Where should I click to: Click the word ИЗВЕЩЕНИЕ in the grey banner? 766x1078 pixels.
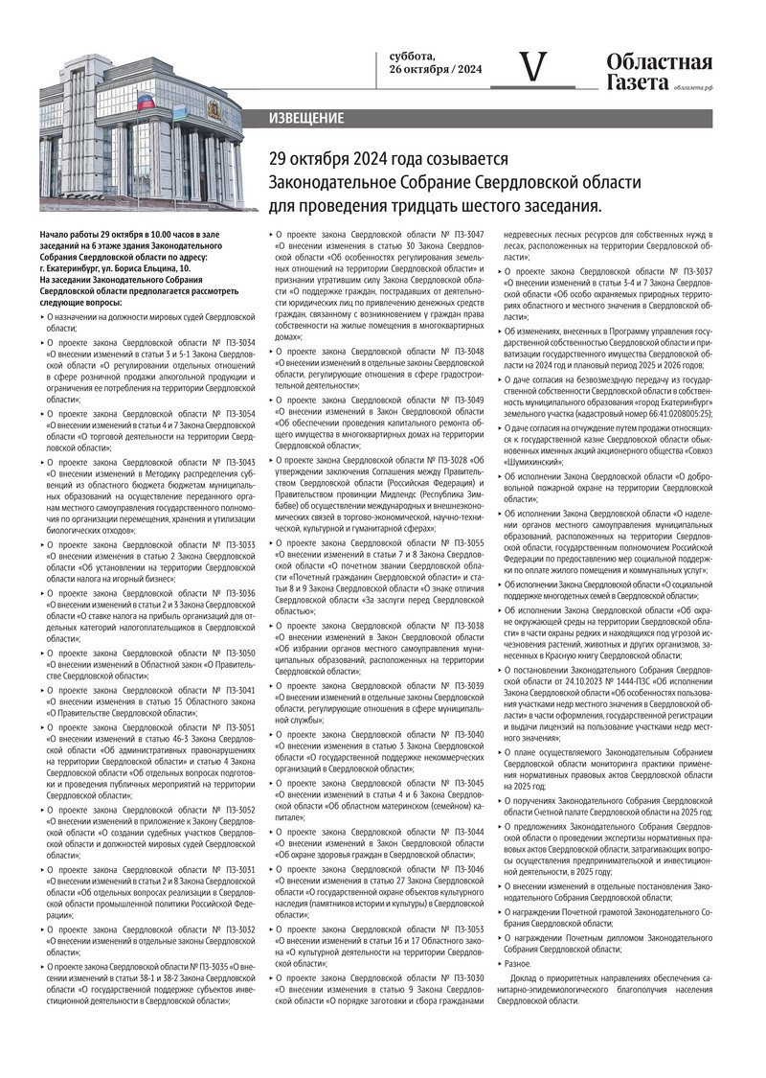coord(307,119)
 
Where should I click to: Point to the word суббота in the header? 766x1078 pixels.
coord(412,56)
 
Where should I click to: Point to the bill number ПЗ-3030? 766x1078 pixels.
coord(464,977)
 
